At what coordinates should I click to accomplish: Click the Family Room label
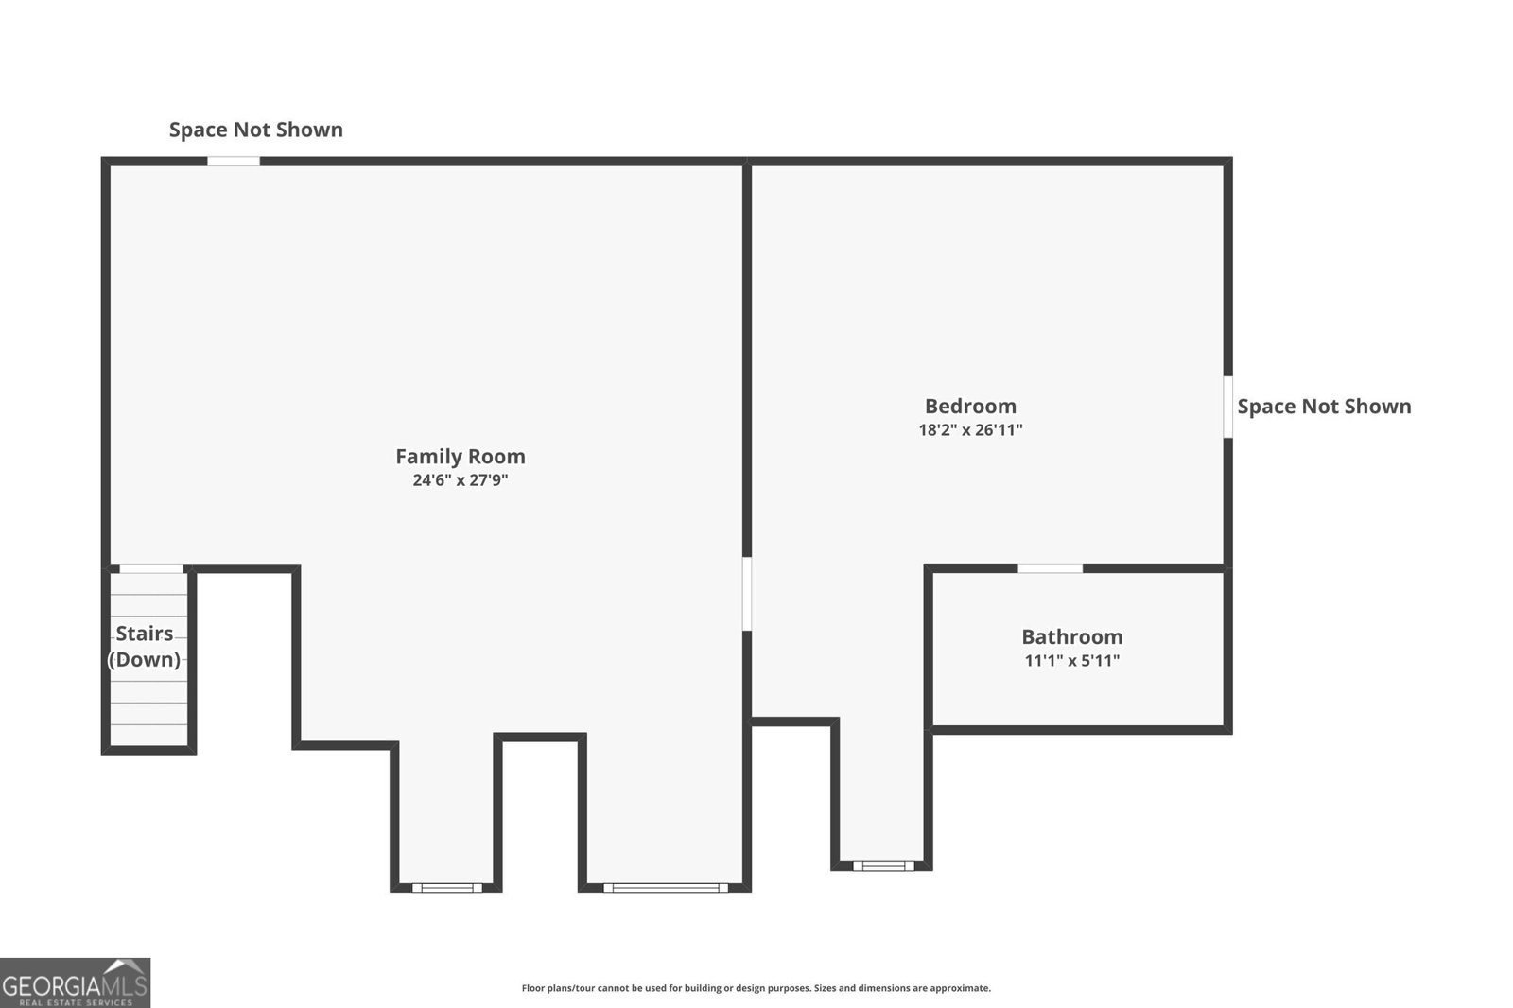tap(460, 456)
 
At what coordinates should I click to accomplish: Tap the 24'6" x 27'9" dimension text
tap(460, 480)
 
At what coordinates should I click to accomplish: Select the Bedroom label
tap(970, 406)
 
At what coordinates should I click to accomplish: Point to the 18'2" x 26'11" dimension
tap(970, 430)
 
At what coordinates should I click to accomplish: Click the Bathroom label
tap(1071, 636)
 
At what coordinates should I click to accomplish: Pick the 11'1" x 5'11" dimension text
tap(1071, 661)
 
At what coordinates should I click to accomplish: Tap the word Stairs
tap(145, 634)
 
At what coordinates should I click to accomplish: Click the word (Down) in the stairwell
tap(145, 659)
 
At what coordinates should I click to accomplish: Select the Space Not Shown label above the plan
tap(255, 130)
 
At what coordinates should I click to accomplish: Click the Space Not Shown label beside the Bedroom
tap(1324, 407)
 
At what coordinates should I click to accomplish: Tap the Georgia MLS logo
tap(75, 982)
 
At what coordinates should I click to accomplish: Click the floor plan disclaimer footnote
tap(756, 988)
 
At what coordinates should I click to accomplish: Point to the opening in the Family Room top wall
tap(234, 162)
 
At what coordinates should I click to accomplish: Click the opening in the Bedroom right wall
tap(1227, 407)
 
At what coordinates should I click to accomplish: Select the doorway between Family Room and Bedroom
tap(746, 593)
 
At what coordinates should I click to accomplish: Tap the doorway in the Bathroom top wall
tap(1050, 568)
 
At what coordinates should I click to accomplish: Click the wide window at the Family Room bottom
tap(666, 888)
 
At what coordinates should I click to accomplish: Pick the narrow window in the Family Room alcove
tap(447, 888)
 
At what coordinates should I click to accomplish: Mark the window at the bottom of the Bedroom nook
tap(883, 865)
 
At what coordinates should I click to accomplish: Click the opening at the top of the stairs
tap(151, 569)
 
